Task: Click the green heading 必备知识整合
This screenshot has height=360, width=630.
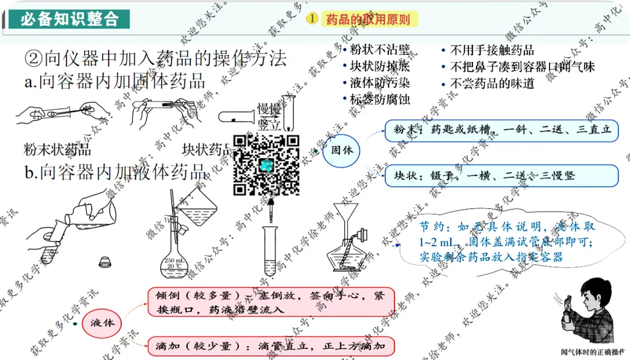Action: (x=69, y=19)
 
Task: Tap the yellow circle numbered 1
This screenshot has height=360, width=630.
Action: (x=313, y=19)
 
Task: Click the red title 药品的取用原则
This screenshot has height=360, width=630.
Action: (x=367, y=19)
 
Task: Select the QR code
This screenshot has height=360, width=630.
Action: (x=267, y=165)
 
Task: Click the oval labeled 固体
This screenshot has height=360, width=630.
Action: (x=342, y=151)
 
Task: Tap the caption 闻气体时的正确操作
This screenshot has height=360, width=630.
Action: (x=594, y=352)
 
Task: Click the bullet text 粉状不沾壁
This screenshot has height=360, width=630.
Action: (x=380, y=51)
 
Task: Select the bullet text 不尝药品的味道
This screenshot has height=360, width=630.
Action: (x=492, y=83)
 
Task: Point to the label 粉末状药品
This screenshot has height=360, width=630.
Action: (x=57, y=149)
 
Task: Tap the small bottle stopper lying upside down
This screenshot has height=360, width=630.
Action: (x=105, y=262)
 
